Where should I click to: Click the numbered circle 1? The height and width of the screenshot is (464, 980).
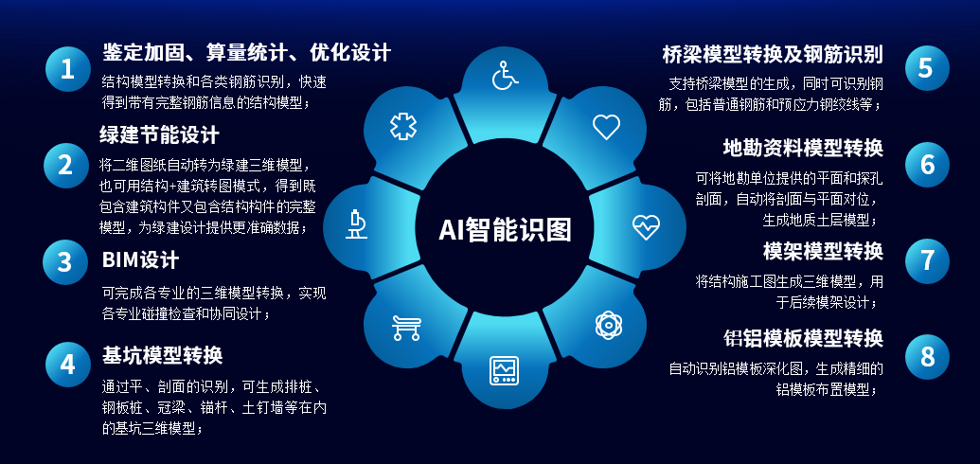(x=67, y=69)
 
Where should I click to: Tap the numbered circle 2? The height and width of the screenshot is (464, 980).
(x=65, y=165)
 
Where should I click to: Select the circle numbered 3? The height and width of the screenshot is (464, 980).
(x=65, y=262)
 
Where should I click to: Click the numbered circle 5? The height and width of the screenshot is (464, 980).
(x=928, y=68)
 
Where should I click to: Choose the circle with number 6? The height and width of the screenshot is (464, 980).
(x=928, y=165)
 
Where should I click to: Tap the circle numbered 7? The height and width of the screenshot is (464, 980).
(x=928, y=260)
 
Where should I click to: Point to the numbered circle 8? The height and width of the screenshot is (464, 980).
(x=928, y=356)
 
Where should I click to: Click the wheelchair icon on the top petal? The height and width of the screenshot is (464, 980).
(x=505, y=76)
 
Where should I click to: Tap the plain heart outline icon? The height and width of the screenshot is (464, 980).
(x=606, y=127)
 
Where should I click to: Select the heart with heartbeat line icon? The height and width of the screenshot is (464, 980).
(x=646, y=227)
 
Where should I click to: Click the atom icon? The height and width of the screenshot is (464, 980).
(x=608, y=325)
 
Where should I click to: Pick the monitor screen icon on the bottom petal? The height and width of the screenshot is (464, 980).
(x=504, y=370)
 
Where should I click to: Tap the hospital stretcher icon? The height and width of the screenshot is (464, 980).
(x=406, y=328)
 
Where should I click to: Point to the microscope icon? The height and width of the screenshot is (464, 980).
(x=356, y=224)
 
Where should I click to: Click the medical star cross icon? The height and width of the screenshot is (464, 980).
(x=403, y=126)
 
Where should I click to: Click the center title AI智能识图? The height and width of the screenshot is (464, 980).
(x=505, y=229)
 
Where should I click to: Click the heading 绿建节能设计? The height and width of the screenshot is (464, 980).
(x=159, y=134)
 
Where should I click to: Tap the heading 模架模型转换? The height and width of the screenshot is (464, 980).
(x=823, y=251)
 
